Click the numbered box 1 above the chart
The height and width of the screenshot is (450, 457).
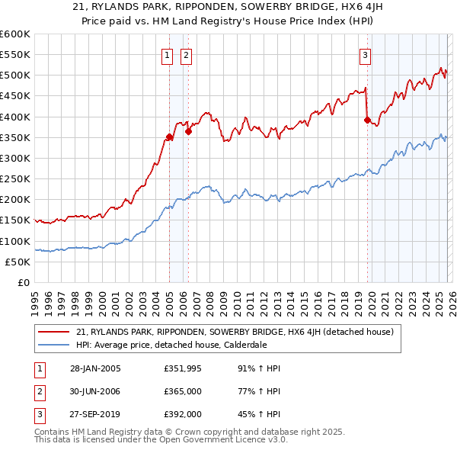[x=166, y=55]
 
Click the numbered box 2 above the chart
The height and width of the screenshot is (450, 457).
[x=186, y=55]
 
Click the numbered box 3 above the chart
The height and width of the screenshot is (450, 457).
[x=366, y=55]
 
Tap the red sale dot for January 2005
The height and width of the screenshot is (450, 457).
[x=169, y=137]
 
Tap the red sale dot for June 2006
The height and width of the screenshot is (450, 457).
[x=188, y=131]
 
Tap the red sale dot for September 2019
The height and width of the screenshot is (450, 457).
[x=367, y=120]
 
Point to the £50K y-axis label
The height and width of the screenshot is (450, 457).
[x=18, y=262]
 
